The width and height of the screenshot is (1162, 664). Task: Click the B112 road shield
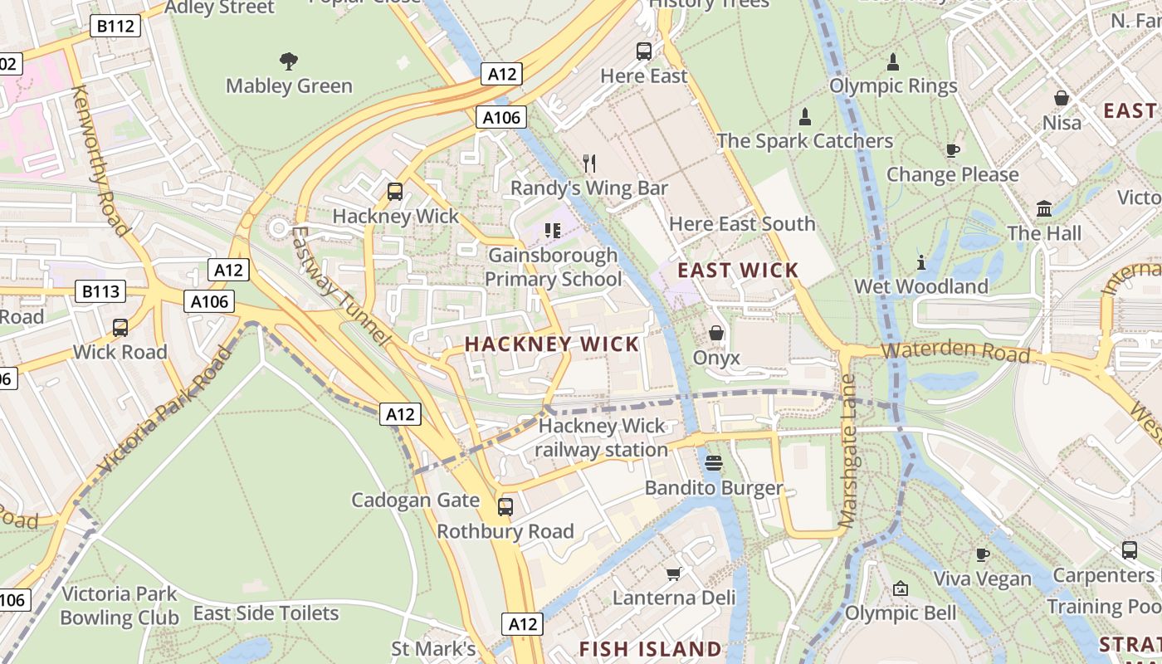(115, 27)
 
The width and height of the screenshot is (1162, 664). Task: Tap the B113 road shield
(100, 291)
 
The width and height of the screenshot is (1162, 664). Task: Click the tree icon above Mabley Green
(289, 61)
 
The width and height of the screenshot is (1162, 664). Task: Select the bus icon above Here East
(644, 51)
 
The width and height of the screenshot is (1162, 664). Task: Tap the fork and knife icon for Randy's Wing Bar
(589, 163)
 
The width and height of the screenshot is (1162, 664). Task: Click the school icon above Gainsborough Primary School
(553, 230)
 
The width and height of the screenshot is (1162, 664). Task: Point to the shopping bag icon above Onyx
(715, 333)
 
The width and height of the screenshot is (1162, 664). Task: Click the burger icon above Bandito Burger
(714, 462)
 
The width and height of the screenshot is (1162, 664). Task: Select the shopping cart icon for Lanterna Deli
(674, 574)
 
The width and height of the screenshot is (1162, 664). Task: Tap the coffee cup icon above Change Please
(952, 150)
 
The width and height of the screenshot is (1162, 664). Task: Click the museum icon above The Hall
(1044, 208)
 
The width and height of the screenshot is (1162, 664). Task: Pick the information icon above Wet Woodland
(921, 262)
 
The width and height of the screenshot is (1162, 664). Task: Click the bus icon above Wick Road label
(120, 327)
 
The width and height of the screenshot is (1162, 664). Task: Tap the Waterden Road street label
(955, 350)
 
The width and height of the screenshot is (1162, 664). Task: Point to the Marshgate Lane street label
(848, 451)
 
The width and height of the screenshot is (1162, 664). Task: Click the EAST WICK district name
(738, 270)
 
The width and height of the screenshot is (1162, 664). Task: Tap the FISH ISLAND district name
(650, 648)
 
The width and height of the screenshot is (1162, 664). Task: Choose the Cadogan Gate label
(415, 500)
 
